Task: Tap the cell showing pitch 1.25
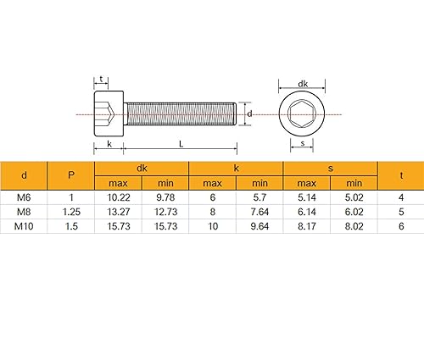coord(71,211)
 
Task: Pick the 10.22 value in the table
coord(117,197)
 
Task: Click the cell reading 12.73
coord(165,211)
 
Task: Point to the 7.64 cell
coord(259,211)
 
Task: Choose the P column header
coord(71,175)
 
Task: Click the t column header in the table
coord(400,175)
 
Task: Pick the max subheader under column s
coord(307,183)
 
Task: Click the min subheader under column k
coord(259,183)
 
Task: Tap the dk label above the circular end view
coord(303,83)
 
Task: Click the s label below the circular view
coord(303,144)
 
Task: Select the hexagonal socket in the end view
coord(303,114)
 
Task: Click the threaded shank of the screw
coord(180,114)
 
